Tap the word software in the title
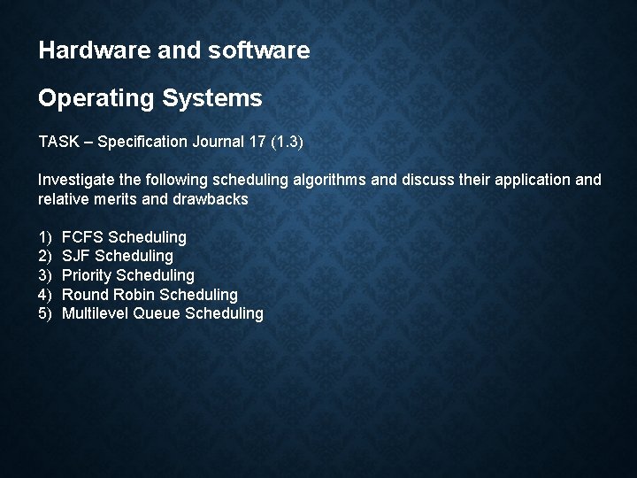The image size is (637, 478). [x=262, y=50]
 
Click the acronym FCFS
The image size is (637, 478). [x=82, y=237]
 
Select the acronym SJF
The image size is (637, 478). [x=76, y=257]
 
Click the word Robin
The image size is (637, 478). [x=133, y=295]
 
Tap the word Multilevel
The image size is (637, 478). [x=96, y=313]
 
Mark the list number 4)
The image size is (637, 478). [x=45, y=295]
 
